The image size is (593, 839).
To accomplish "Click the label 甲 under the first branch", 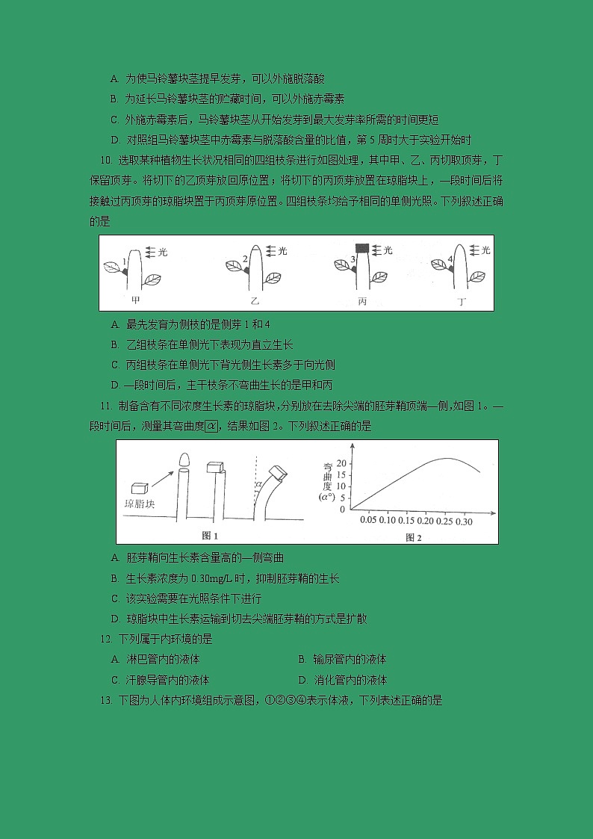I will [x=135, y=300].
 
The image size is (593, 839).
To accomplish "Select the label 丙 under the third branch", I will [x=362, y=300].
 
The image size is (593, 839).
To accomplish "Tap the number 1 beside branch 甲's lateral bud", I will [x=125, y=261].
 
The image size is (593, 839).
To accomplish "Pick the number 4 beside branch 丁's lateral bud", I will [x=450, y=260].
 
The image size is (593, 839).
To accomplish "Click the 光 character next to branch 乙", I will [x=282, y=252].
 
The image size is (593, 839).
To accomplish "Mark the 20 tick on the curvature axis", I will [x=342, y=463].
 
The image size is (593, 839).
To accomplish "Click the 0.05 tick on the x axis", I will [x=368, y=520].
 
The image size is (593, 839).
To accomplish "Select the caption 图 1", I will [x=211, y=536].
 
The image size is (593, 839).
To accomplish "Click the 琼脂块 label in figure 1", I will [x=140, y=504].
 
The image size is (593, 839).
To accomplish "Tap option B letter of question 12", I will [x=302, y=660].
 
